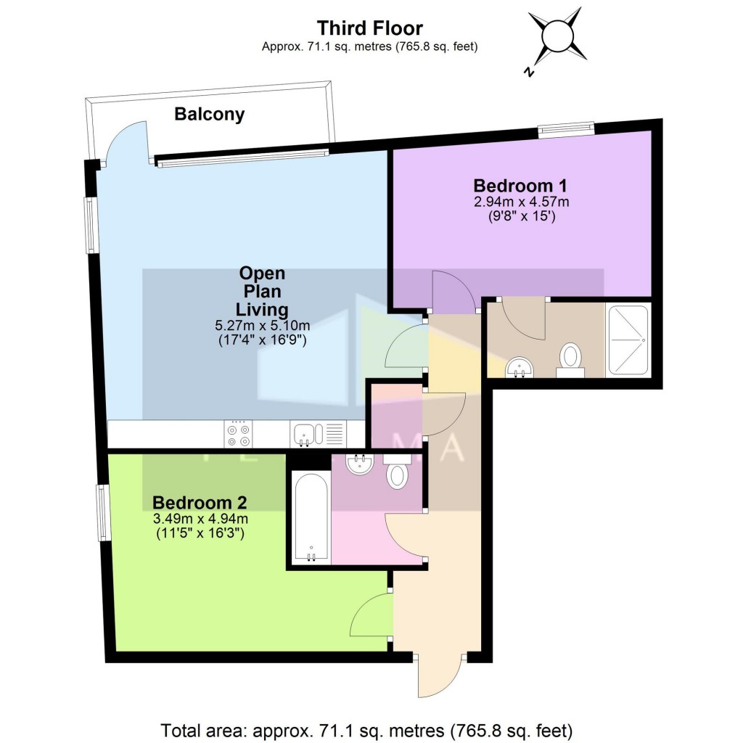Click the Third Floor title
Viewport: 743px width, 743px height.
(x=369, y=28)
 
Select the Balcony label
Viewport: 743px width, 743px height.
(x=209, y=114)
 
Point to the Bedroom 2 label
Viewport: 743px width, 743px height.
(x=200, y=502)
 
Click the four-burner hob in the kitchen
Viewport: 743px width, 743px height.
(x=239, y=434)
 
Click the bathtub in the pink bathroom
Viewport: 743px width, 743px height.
(x=311, y=517)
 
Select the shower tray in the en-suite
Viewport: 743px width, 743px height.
(x=628, y=340)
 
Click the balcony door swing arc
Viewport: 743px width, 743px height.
(x=125, y=142)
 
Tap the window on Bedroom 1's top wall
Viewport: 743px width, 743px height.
(x=566, y=130)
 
